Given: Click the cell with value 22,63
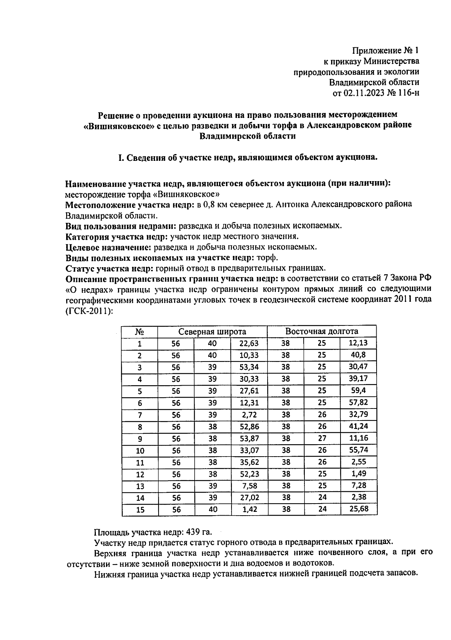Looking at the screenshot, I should pyautogui.click(x=249, y=343).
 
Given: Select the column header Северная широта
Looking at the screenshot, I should pyautogui.click(x=212, y=331).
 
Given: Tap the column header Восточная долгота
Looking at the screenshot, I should pyautogui.click(x=322, y=331).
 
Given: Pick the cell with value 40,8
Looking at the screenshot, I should pyautogui.click(x=358, y=355).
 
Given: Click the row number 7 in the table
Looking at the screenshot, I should pyautogui.click(x=140, y=415).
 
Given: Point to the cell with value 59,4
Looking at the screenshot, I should pyautogui.click(x=358, y=390).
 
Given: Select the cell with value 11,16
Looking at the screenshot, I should pyautogui.click(x=358, y=438).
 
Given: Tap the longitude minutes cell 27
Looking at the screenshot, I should pyautogui.click(x=322, y=438).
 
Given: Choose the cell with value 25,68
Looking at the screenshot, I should pyautogui.click(x=358, y=509).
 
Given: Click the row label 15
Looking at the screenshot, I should pyautogui.click(x=140, y=510).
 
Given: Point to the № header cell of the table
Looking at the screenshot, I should pyautogui.click(x=140, y=332).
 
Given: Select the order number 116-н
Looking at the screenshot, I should pyautogui.click(x=406, y=93).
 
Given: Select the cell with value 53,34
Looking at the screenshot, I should pyautogui.click(x=249, y=367).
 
